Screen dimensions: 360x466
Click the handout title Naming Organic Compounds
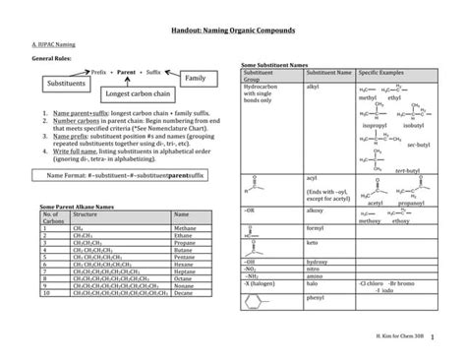[232, 32]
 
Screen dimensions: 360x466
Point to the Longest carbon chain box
[140, 95]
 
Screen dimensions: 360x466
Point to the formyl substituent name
[316, 225]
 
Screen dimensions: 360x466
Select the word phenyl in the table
[316, 296]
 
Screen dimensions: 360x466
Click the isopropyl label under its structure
[375, 126]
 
